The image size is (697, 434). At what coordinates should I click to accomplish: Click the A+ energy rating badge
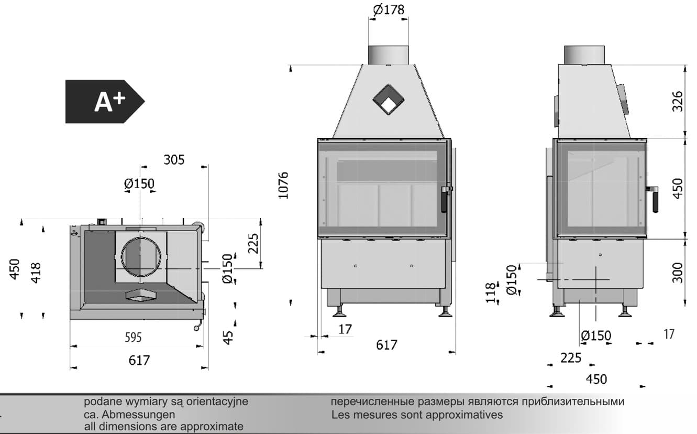click(105, 102)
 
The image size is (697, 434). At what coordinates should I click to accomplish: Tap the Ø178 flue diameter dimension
click(389, 9)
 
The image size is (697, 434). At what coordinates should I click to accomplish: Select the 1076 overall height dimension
click(283, 186)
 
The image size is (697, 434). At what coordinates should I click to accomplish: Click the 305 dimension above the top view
click(174, 160)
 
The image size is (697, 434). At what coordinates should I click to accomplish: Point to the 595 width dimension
click(133, 338)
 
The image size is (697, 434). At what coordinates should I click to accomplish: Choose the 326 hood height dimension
click(678, 101)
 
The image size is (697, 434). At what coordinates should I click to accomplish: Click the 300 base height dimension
click(678, 273)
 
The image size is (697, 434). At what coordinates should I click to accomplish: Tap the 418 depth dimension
click(36, 273)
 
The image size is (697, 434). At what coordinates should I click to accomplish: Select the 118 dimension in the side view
click(490, 293)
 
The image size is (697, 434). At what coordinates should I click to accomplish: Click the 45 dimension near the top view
click(228, 338)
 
